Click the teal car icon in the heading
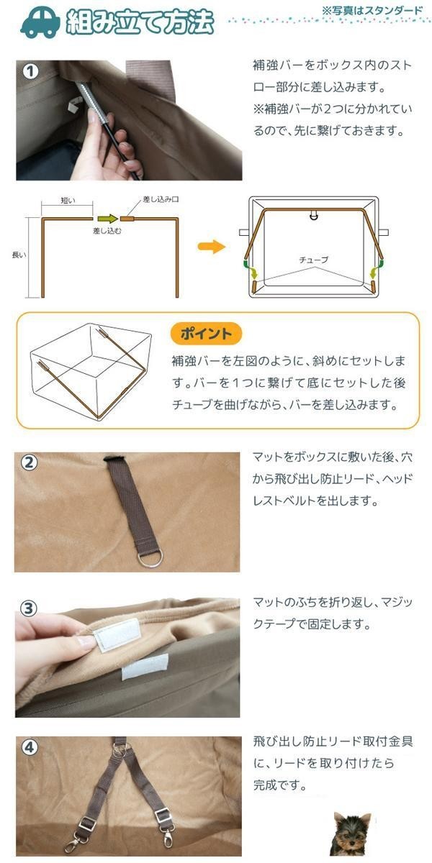pyautogui.click(x=40, y=23)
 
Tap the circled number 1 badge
pyautogui.click(x=31, y=72)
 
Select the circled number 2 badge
pyautogui.click(x=29, y=462)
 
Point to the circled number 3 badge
pyautogui.click(x=29, y=608)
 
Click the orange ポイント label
pyautogui.click(x=207, y=334)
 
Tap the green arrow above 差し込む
pyautogui.click(x=107, y=219)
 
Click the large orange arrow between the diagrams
pyautogui.click(x=212, y=247)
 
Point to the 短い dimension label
pyautogui.click(x=68, y=201)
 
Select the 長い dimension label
pyautogui.click(x=19, y=255)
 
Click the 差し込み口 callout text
pyautogui.click(x=161, y=199)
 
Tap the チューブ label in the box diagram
pyautogui.click(x=314, y=260)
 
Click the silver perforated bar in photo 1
pyautogui.click(x=89, y=99)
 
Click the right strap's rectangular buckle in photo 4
pyautogui.click(x=161, y=814)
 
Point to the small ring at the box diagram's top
pyautogui.click(x=314, y=215)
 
